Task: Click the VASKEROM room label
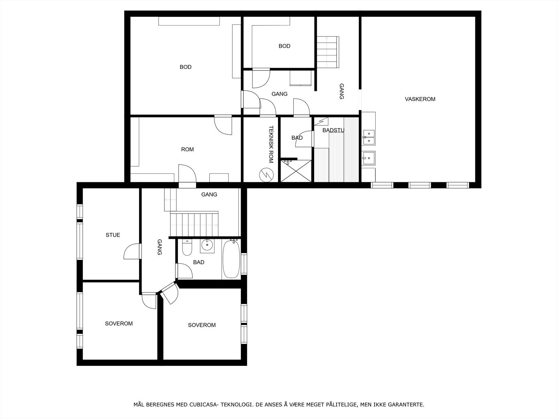420,99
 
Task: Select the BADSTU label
333,130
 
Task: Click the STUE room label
113,235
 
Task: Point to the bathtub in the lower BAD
231,259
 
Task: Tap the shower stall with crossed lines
296,171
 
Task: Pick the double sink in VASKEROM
368,137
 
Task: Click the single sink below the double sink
368,158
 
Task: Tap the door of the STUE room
133,251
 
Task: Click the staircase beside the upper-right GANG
327,52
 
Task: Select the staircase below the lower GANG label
194,224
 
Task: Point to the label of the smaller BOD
284,46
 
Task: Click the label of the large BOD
185,67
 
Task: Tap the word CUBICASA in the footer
204,405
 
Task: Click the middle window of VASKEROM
420,185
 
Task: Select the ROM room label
187,149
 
